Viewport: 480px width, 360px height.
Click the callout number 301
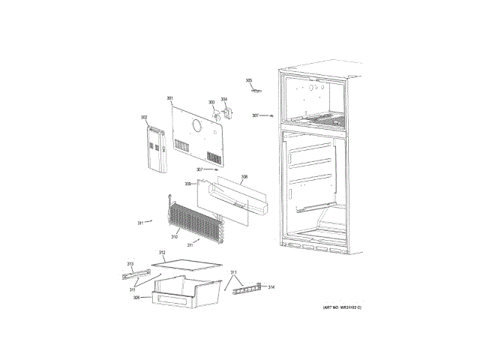(169, 99)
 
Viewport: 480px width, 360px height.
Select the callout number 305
(249, 80)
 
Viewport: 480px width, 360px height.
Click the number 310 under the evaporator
(174, 237)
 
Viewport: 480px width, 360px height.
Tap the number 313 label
(130, 264)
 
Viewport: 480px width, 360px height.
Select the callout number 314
(271, 287)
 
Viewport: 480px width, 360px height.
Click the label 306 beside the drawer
(136, 298)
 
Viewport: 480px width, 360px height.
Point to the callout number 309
(187, 184)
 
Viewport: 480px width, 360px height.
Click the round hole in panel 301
(196, 126)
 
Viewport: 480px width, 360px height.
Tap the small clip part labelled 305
(256, 91)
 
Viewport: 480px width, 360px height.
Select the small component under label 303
(216, 115)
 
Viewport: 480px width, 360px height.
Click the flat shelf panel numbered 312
(187, 262)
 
